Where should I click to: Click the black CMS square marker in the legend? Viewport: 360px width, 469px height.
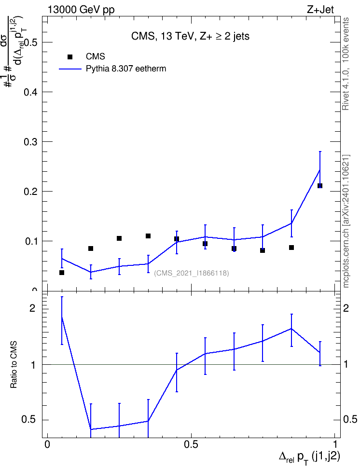[x=70, y=56]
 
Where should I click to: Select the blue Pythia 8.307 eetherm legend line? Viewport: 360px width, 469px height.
[x=70, y=69]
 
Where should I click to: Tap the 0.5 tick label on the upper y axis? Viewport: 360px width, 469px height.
[x=30, y=42]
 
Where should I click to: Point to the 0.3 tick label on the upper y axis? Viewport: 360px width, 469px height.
[x=30, y=142]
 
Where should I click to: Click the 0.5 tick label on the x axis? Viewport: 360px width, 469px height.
[x=191, y=444]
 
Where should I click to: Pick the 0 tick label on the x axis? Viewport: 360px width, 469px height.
[x=47, y=444]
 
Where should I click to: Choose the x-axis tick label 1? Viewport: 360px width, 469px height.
[x=335, y=444]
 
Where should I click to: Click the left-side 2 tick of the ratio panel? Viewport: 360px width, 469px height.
[x=32, y=308]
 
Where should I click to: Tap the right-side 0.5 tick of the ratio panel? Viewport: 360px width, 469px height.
[x=350, y=420]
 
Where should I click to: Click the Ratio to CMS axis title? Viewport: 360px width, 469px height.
[x=14, y=365]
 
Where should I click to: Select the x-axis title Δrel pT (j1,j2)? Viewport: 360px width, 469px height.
[x=309, y=457]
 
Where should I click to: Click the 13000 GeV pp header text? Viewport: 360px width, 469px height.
[x=81, y=10]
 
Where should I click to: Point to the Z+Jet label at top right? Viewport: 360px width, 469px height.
[x=320, y=10]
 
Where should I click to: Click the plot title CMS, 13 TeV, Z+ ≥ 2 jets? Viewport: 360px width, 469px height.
[x=190, y=37]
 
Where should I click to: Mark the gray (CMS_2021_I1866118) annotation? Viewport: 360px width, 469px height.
[x=192, y=273]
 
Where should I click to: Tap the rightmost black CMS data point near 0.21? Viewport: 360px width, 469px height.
[x=319, y=186]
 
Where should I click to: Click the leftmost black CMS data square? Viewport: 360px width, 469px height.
[x=62, y=273]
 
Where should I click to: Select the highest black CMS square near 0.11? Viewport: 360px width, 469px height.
[x=148, y=236]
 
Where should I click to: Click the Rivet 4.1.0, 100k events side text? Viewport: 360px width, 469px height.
[x=346, y=64]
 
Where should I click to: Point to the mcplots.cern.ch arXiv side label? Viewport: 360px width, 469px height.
[x=346, y=221]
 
